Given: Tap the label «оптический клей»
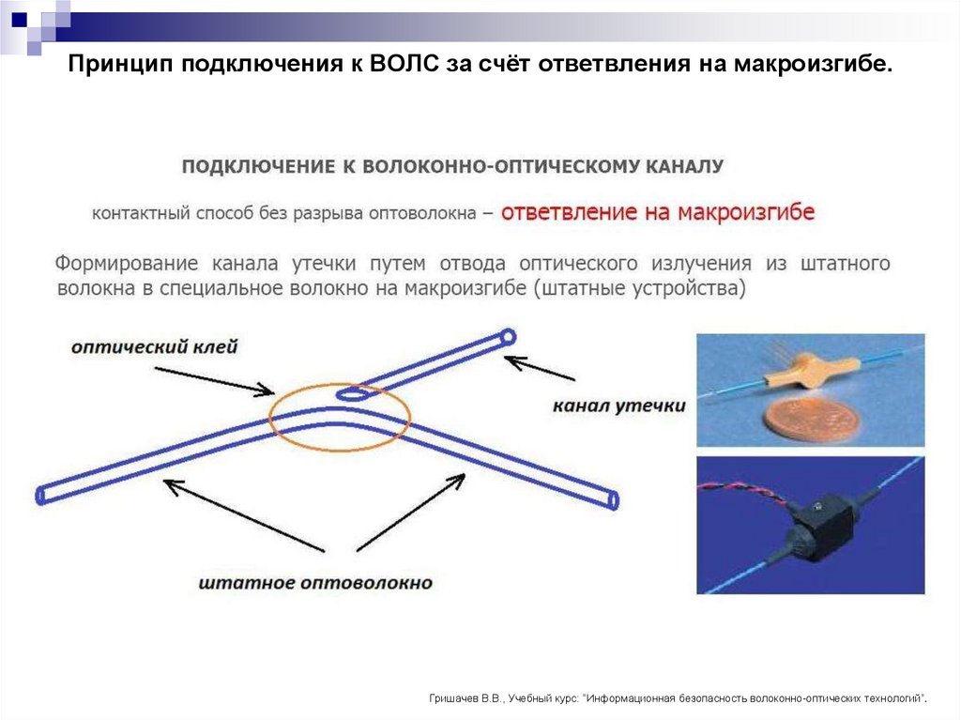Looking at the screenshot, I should [x=154, y=347].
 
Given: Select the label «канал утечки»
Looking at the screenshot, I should [x=618, y=406].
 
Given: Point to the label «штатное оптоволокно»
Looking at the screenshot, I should [x=315, y=583].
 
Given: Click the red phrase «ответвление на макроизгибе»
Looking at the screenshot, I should [x=657, y=212].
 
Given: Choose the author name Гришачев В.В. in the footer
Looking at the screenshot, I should [x=465, y=698].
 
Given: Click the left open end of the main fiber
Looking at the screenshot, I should [x=40, y=495].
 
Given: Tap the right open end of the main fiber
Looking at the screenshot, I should [x=613, y=500].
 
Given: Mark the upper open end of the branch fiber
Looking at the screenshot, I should [x=508, y=336].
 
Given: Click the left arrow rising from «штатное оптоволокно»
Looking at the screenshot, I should [x=243, y=515].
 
